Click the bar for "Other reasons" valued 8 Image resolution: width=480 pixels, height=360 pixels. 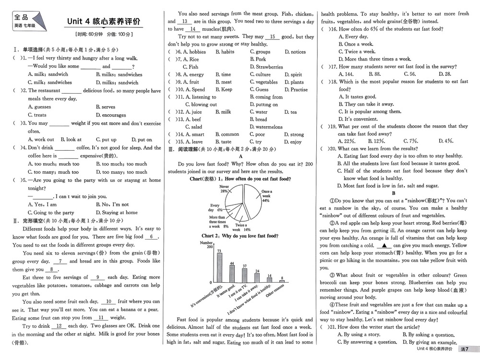282,281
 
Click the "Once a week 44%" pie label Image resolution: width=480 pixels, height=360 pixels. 266,196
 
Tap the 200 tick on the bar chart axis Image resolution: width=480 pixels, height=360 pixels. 209,247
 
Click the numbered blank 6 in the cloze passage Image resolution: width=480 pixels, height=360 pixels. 152,237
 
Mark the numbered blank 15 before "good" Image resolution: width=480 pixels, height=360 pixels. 272,36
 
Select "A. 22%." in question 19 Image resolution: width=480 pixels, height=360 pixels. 347,141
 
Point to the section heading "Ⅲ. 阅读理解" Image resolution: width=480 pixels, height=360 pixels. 187,150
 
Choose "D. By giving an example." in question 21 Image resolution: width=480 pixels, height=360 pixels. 430,342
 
